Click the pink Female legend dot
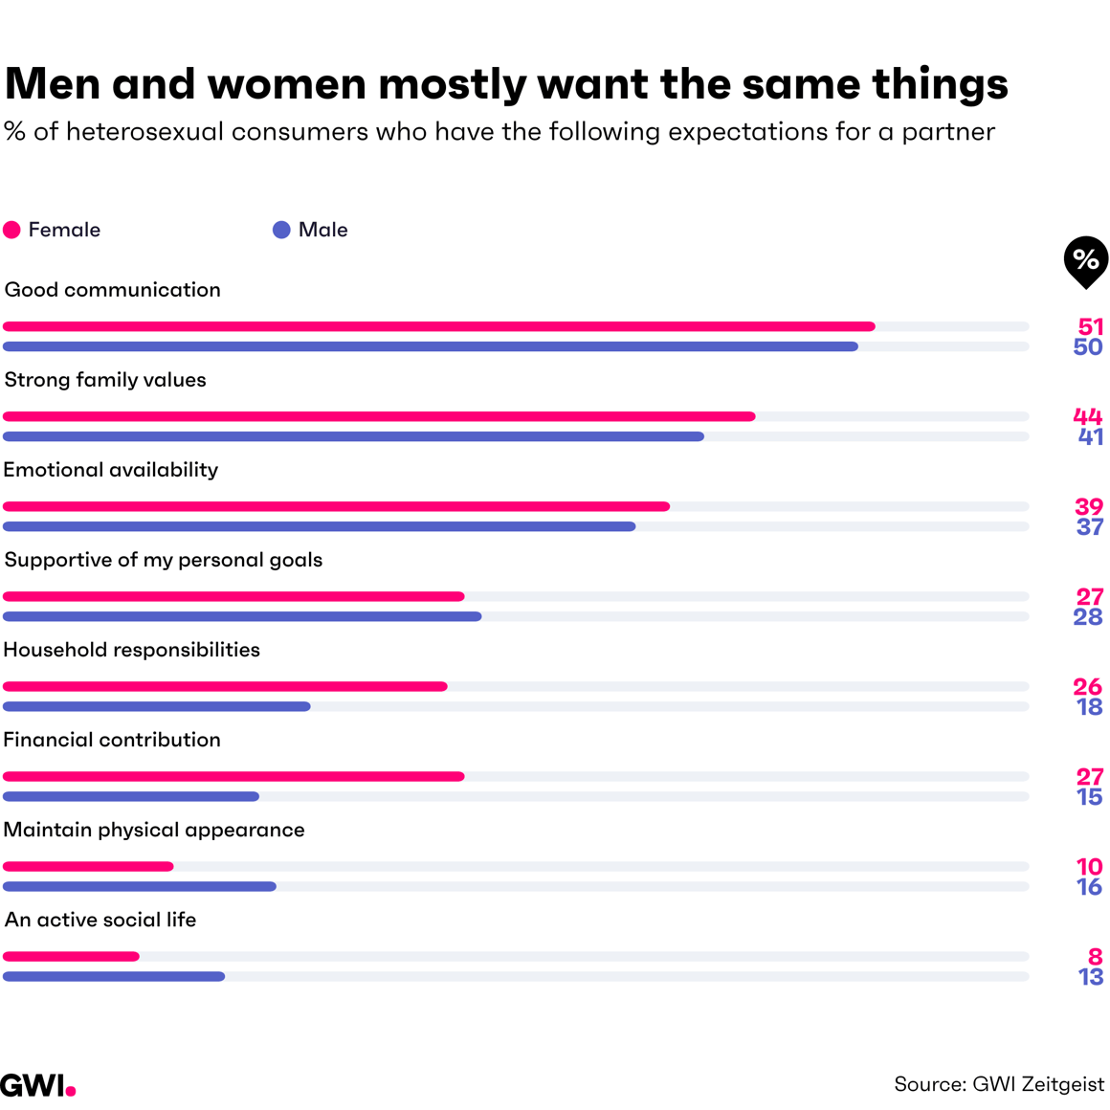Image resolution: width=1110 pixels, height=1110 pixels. pyautogui.click(x=11, y=230)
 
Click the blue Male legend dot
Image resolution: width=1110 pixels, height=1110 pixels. pyautogui.click(x=281, y=230)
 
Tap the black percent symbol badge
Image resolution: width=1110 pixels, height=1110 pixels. pyautogui.click(x=1085, y=259)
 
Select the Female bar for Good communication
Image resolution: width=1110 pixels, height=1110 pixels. pyautogui.click(x=438, y=326)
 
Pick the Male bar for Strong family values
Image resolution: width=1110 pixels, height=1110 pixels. pyautogui.click(x=353, y=436)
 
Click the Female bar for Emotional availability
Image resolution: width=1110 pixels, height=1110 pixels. pyautogui.click(x=336, y=506)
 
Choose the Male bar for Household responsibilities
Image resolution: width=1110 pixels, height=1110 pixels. pyautogui.click(x=157, y=707)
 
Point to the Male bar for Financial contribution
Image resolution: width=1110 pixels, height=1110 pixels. pyautogui.click(x=131, y=797)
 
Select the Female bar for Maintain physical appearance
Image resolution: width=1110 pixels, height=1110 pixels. pyautogui.click(x=88, y=867)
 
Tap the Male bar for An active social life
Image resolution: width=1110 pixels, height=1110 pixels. pyautogui.click(x=114, y=977)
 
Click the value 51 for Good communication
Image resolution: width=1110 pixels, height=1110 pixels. pyautogui.click(x=1090, y=326)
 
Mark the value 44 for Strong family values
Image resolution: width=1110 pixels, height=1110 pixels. pyautogui.click(x=1088, y=416)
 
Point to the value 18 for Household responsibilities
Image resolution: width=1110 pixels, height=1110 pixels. pyautogui.click(x=1090, y=707)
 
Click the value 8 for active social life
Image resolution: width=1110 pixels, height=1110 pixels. pyautogui.click(x=1096, y=956)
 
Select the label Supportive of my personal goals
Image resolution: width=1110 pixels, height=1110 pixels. pyautogui.click(x=164, y=560)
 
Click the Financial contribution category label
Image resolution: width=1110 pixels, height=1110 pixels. pyautogui.click(x=112, y=740)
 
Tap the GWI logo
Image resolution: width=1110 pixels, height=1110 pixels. pyautogui.click(x=37, y=1085)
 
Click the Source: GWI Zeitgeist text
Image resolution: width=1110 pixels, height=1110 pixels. pyautogui.click(x=998, y=1084)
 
